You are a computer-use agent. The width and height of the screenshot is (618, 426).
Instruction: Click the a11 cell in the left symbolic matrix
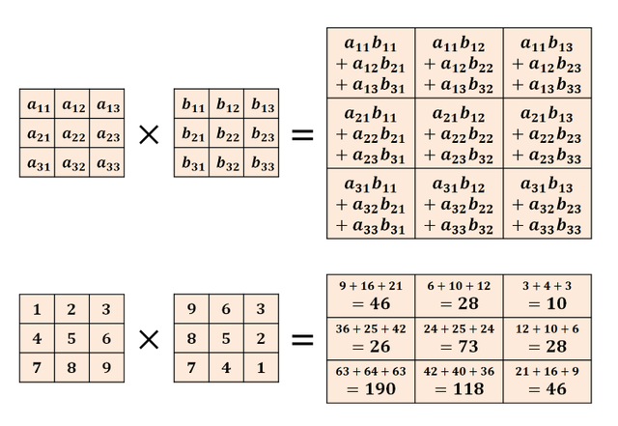[x=39, y=105]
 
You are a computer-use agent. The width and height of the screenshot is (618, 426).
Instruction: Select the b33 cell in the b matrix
[x=262, y=164]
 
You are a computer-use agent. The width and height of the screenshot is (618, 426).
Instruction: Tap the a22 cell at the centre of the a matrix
[x=73, y=134]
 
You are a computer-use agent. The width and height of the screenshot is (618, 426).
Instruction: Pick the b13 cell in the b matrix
[x=262, y=105]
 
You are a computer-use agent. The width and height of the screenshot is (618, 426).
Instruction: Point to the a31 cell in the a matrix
[x=39, y=164]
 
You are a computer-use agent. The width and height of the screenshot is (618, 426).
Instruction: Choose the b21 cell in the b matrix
[x=192, y=134]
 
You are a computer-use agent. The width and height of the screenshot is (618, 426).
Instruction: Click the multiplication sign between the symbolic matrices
[x=149, y=134]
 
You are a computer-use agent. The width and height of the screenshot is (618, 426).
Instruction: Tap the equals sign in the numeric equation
[x=302, y=339]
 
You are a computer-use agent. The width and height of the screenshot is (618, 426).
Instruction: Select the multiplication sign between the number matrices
[x=149, y=339]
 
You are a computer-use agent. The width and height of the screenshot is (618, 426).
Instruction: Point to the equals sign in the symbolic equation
[x=302, y=134]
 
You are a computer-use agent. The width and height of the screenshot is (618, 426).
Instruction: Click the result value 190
[x=371, y=389]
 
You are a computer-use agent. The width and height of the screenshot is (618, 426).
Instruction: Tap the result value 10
[x=547, y=304]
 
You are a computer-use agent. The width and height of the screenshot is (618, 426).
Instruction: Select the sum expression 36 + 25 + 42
[x=371, y=329]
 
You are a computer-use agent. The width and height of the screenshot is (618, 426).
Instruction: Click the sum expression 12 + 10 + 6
[x=547, y=329]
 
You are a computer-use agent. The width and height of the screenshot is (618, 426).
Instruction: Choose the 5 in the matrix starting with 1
[x=72, y=339]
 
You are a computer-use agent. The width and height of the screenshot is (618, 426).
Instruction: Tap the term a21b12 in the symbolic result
[x=459, y=115]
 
